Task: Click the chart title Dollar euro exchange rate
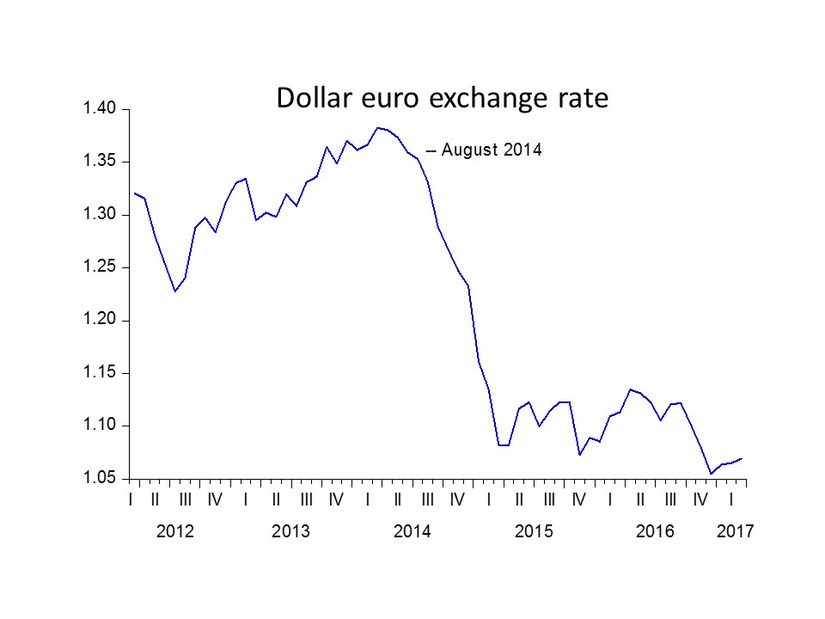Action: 442,98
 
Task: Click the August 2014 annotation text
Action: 492,150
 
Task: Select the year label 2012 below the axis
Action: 175,532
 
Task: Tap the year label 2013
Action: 290,532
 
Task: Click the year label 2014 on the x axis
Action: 412,532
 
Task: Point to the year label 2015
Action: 534,532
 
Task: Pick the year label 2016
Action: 655,532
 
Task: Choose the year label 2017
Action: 735,532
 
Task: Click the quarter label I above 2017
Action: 730,499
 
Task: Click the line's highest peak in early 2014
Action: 377,127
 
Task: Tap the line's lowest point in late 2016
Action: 711,474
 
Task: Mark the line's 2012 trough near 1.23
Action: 175,291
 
